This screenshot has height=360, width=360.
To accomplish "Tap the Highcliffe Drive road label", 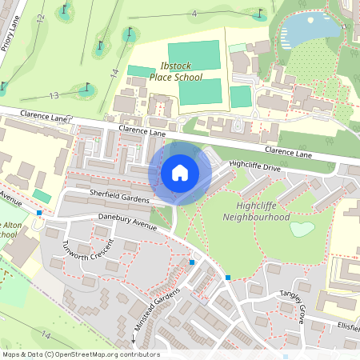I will point(254,166).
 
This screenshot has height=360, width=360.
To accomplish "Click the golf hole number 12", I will point(40,18).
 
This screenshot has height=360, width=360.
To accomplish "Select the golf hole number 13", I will point(54,96).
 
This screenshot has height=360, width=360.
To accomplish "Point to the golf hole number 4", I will point(194,14).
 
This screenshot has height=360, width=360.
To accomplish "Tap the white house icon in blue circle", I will point(180,172).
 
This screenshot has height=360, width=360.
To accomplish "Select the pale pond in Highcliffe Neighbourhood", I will point(302,229).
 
